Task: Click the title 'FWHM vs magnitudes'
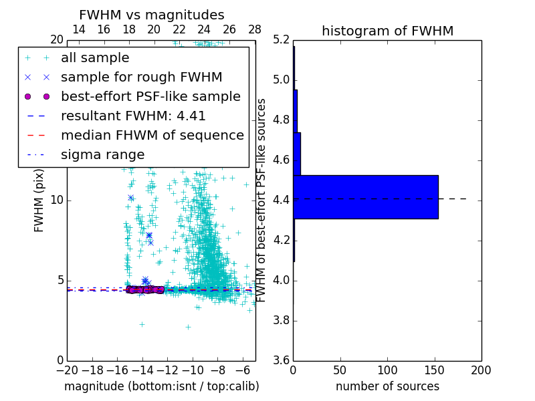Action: (152, 15)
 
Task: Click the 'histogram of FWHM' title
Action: (387, 31)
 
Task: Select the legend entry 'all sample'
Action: (95, 58)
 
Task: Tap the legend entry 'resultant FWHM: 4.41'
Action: (133, 116)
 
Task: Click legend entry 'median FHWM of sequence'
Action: (152, 135)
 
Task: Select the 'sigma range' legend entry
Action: (102, 154)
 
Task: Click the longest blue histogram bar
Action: (365, 196)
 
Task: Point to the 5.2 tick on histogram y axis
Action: (282, 39)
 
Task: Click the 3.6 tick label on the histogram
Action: (282, 360)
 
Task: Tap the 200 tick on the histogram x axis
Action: (481, 370)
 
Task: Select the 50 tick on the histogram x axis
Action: (340, 370)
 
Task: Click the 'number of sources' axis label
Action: (387, 386)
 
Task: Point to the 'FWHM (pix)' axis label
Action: (39, 200)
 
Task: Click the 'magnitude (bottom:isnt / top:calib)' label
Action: (161, 386)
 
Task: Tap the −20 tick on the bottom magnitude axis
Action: (67, 370)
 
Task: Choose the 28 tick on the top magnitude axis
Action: (255, 29)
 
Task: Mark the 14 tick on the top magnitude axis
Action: (79, 29)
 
